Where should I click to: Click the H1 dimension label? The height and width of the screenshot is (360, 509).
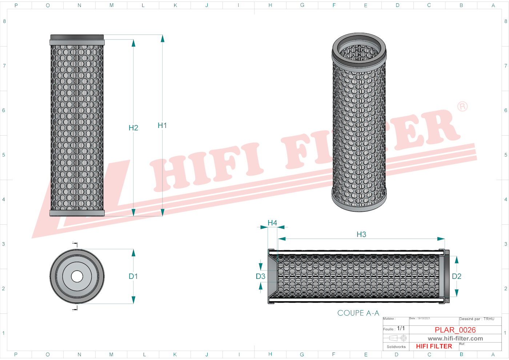162,125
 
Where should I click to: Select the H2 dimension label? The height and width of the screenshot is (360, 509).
133,128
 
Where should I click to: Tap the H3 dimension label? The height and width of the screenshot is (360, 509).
361,235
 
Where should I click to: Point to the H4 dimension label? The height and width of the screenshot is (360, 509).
272,223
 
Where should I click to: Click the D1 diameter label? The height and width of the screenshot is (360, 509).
133,276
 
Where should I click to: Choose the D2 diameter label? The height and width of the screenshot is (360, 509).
457,276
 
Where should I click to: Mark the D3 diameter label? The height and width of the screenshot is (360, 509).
261,276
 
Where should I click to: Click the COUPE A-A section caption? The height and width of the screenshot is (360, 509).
358,313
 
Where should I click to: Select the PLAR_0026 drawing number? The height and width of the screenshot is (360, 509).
455,330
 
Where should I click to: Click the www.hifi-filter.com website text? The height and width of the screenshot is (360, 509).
455,339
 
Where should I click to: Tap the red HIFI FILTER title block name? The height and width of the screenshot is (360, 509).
434,346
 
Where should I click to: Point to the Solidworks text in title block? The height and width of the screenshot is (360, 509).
396,347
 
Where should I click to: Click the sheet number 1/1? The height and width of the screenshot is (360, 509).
401,328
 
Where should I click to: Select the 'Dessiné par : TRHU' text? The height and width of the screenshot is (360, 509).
477,319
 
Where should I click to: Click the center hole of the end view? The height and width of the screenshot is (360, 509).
77,276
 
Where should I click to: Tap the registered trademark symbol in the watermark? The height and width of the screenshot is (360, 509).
462,107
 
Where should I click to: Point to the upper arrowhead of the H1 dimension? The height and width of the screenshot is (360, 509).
163,38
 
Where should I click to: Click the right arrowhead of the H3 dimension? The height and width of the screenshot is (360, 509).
441,239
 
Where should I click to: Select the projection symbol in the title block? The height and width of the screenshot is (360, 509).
398,338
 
